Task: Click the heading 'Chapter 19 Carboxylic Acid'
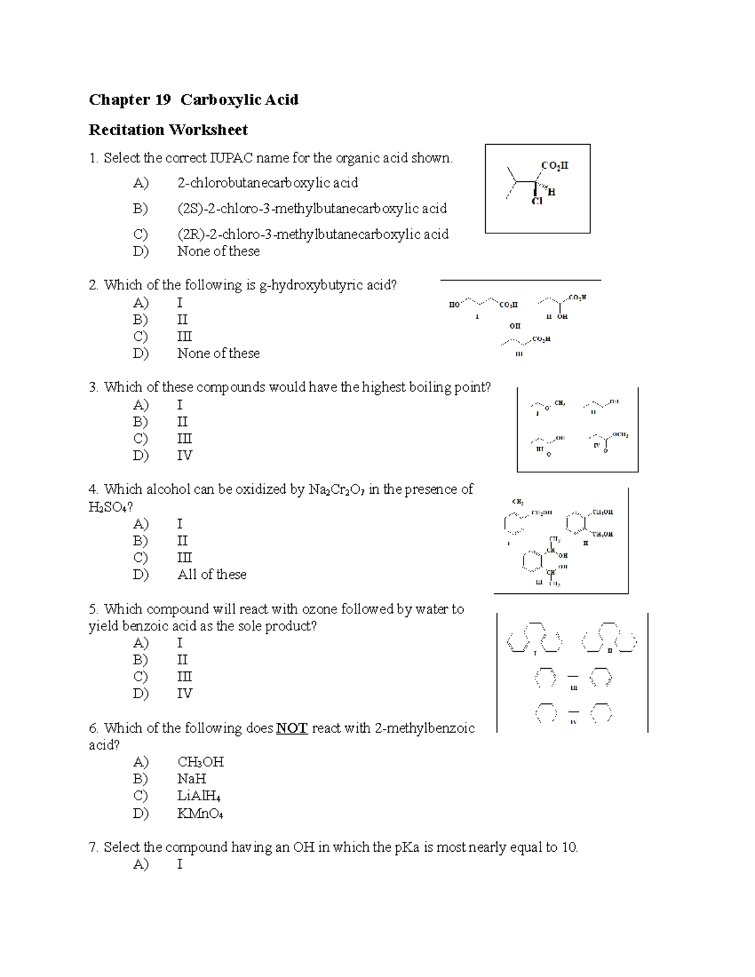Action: pos(193,99)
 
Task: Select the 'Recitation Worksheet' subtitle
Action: pos(168,130)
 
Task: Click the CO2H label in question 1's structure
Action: pos(554,165)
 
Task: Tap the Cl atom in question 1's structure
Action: pos(537,202)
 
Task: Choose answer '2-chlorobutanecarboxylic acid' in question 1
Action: pos(267,183)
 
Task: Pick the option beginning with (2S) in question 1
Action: pos(311,208)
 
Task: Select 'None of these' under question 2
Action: pos(218,354)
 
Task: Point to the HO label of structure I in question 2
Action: pos(454,304)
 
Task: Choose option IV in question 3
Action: pos(184,455)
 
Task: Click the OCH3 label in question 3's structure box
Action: pos(620,435)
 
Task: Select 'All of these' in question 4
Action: pos(211,574)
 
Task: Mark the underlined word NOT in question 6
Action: pos(291,729)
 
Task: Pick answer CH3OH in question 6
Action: pos(200,762)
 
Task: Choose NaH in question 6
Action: pos(191,779)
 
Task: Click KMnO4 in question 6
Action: pos(200,814)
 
